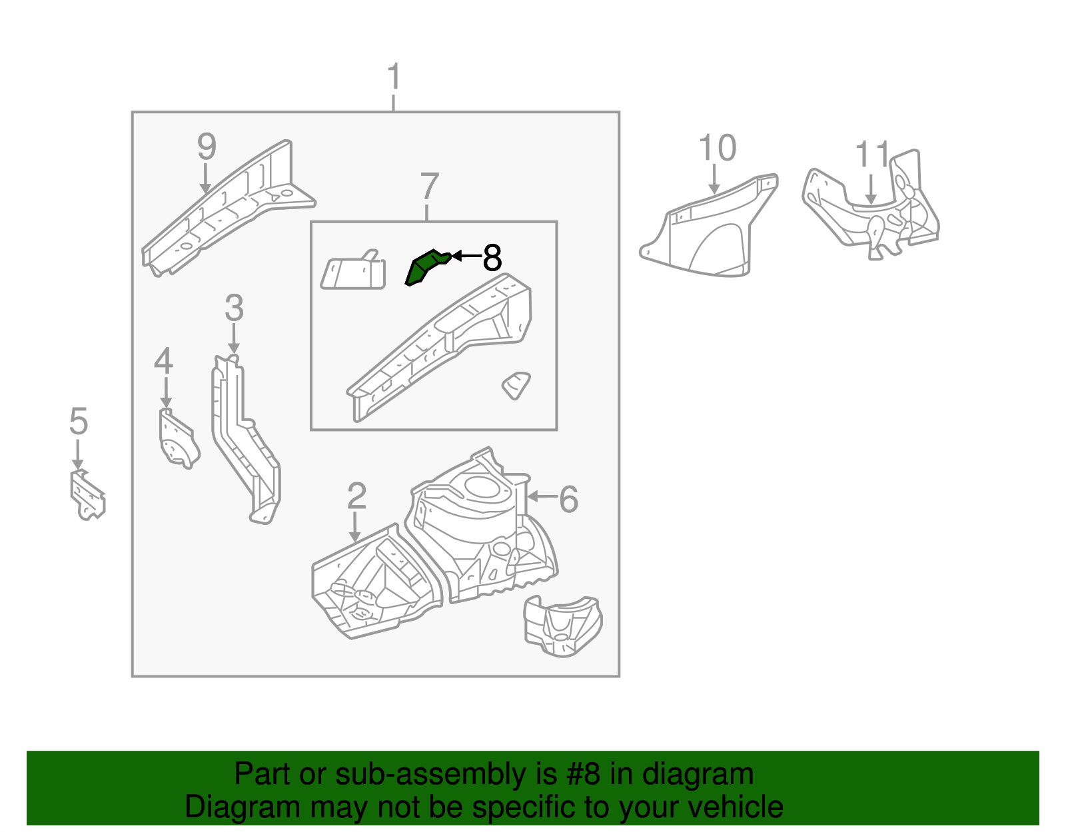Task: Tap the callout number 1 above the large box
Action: click(x=394, y=77)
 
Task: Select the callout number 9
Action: click(x=207, y=147)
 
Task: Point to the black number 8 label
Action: click(x=492, y=258)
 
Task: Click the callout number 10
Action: click(x=717, y=148)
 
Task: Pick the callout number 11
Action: click(x=872, y=155)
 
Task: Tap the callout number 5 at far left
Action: click(x=79, y=422)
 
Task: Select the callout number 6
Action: click(x=568, y=499)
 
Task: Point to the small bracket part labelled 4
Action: click(x=177, y=440)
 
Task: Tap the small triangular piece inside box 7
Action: click(x=516, y=385)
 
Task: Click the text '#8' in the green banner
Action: click(x=583, y=774)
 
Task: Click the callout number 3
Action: click(x=234, y=308)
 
